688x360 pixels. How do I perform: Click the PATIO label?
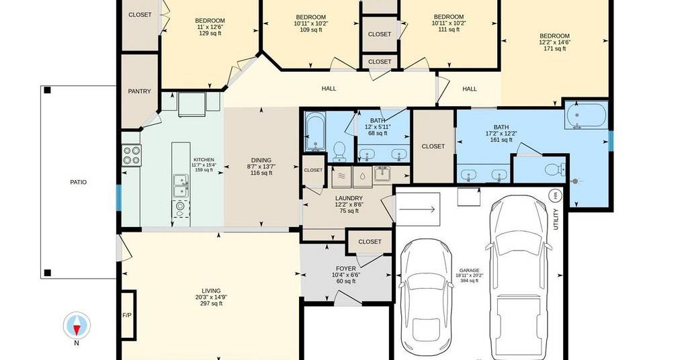79,182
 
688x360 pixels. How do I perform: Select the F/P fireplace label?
126,315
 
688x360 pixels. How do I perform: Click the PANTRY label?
140,91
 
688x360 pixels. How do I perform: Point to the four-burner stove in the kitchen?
132,155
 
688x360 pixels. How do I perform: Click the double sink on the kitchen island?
180,185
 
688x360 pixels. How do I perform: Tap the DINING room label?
261,160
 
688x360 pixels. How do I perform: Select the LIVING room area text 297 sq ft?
211,304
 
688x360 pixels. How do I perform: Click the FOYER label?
346,269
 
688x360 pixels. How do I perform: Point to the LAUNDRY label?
349,198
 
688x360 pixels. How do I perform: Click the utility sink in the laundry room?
382,174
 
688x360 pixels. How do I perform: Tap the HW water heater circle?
555,195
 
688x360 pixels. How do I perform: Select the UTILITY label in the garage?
556,219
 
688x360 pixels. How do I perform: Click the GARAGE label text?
469,271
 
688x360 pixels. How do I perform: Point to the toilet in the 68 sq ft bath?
339,151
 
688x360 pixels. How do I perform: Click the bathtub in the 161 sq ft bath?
586,115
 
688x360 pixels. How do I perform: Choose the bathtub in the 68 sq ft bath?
315,132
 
